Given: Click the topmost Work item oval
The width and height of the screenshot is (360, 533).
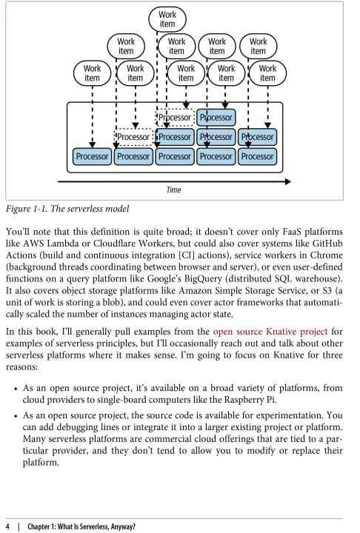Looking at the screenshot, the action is (x=167, y=19).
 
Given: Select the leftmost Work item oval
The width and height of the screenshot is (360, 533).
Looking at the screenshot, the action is (x=92, y=73).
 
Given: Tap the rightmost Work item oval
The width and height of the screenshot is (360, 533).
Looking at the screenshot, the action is (x=268, y=73).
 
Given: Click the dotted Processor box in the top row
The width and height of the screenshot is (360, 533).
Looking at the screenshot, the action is (x=175, y=118).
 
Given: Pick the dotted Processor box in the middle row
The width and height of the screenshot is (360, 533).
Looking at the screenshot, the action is (x=133, y=137).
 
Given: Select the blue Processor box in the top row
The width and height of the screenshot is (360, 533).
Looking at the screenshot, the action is (x=216, y=118).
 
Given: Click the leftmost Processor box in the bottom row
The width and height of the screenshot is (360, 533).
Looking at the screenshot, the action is (x=92, y=157).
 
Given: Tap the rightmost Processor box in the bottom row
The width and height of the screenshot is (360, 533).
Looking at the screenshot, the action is (x=258, y=157).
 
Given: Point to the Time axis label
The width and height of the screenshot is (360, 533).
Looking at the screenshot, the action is (x=173, y=190).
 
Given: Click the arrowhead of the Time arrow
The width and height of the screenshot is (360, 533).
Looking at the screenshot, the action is (x=288, y=181).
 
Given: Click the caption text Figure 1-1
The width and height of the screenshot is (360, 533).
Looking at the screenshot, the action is (x=27, y=209).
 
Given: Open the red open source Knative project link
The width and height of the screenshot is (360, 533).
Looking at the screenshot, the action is (x=270, y=332).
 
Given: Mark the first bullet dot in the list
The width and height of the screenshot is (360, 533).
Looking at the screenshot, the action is (x=16, y=389).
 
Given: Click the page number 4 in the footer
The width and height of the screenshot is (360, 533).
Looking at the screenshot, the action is (x=8, y=526).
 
